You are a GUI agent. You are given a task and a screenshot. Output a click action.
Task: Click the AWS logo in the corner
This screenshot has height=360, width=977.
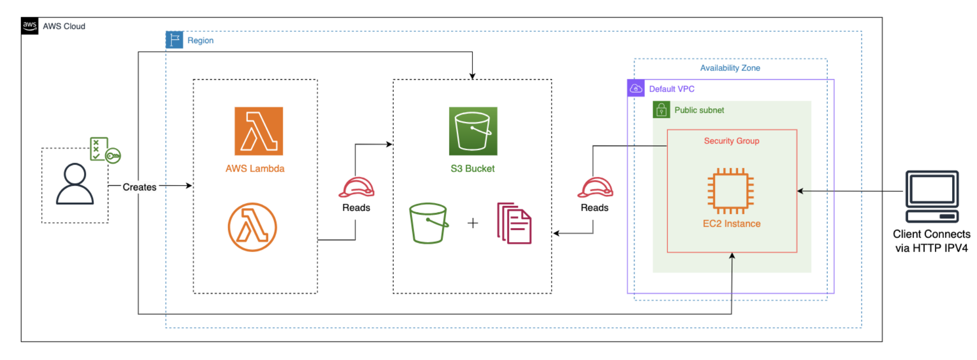(30, 26)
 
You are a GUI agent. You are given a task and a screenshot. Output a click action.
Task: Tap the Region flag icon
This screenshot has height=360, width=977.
(174, 40)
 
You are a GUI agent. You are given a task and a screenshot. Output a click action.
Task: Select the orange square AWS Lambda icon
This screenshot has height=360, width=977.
(259, 131)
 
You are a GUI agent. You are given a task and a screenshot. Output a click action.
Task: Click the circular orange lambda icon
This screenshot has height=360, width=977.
(253, 227)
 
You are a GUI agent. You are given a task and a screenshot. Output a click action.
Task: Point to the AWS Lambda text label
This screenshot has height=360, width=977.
(255, 169)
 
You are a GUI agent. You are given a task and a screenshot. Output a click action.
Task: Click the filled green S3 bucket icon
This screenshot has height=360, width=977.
(473, 131)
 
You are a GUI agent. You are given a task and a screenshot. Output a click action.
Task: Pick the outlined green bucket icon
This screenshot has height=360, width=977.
(428, 223)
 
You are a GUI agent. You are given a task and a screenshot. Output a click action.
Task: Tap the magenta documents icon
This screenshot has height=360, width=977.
(514, 223)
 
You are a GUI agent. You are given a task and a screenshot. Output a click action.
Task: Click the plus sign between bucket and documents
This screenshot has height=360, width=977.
(473, 223)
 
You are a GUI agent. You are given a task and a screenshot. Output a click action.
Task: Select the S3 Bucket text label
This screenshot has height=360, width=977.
(472, 169)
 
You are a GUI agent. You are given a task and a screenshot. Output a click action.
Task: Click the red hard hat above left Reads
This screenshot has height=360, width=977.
(356, 187)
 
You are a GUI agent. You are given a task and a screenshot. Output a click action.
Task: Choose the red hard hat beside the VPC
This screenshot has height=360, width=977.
(595, 187)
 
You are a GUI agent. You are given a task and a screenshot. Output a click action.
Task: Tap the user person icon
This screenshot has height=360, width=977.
(75, 184)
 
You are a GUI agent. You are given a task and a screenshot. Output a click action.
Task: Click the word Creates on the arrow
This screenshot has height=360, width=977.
(139, 187)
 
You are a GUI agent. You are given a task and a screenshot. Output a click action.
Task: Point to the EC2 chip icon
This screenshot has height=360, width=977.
(731, 191)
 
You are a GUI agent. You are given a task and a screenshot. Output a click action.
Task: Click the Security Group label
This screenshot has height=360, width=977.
(731, 141)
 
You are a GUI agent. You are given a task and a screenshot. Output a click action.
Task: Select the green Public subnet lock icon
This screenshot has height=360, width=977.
(661, 110)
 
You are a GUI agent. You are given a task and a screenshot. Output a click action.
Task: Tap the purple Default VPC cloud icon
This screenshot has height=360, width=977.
(636, 88)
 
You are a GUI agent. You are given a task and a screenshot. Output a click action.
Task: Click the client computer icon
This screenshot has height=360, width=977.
(932, 197)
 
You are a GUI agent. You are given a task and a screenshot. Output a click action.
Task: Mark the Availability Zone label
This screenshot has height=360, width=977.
(730, 68)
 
